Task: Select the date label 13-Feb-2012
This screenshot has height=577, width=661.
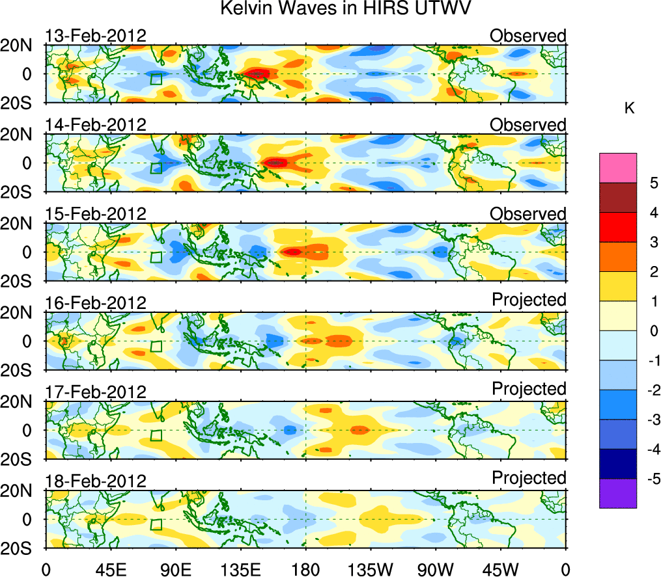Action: coord(96,36)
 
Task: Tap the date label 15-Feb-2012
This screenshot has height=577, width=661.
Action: coord(96,214)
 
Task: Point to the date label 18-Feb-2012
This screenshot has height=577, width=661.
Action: coord(96,481)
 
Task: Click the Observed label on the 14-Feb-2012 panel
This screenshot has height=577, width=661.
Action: coord(528,125)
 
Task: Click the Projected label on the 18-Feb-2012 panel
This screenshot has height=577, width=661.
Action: coord(529,477)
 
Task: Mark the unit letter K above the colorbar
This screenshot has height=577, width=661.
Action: coord(630,109)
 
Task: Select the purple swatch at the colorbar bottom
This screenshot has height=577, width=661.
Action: coord(617,493)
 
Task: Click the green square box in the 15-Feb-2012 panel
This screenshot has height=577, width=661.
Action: coord(156,256)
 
